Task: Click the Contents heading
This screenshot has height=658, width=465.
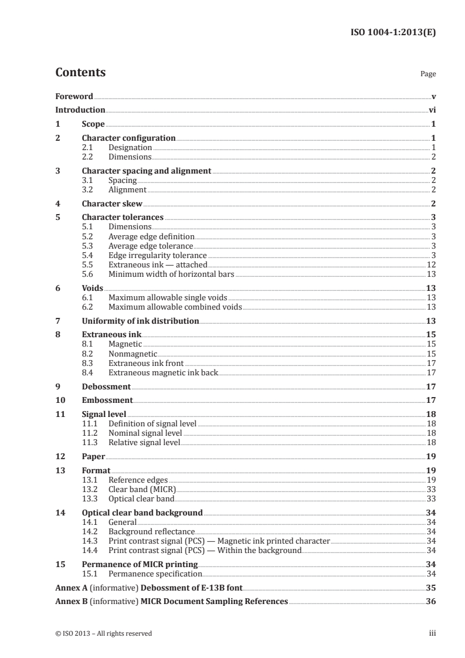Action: (x=80, y=73)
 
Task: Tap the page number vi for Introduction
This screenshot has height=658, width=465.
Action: (x=432, y=110)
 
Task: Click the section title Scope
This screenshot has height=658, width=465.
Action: (x=93, y=124)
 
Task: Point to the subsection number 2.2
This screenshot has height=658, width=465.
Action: (x=88, y=157)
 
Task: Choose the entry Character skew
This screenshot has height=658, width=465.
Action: (x=112, y=204)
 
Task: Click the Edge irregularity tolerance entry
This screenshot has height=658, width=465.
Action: (x=157, y=256)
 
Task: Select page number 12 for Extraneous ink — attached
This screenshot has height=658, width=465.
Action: (x=431, y=265)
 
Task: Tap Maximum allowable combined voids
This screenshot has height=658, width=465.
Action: (x=175, y=307)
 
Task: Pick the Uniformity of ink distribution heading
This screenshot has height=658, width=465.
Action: (x=140, y=321)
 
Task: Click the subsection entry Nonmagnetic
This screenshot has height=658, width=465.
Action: (x=133, y=354)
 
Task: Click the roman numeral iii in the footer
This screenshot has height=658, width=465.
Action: (x=432, y=633)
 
